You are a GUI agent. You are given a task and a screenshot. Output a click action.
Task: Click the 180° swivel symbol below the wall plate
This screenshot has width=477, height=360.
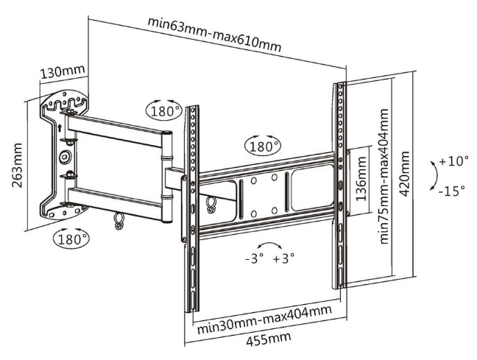coord(71,239)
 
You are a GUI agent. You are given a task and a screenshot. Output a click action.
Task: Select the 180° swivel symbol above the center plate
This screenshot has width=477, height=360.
coord(264,147)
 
